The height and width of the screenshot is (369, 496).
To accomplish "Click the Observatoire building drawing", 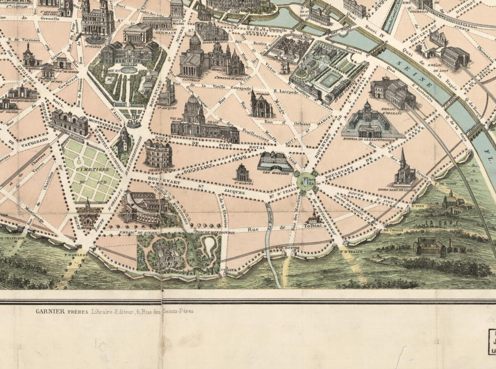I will pos(158,154).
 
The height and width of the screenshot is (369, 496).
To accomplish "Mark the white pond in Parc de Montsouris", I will pos(210,245).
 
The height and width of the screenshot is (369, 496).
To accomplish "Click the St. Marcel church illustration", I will pos(243,172).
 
